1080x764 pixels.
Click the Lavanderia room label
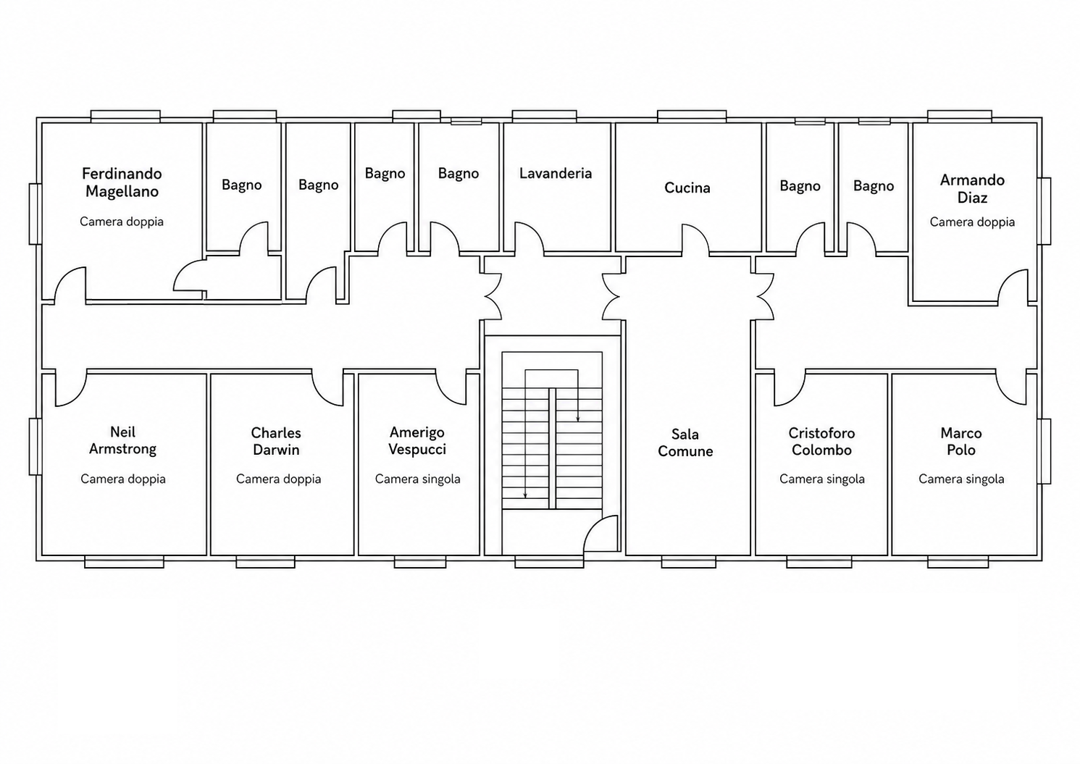coord(556,174)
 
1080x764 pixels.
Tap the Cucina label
coord(687,188)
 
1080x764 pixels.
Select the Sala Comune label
coord(685,443)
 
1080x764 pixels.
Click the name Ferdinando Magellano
coord(122,182)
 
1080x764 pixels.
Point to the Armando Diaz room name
coord(972,189)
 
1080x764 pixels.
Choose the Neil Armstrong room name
coord(123,440)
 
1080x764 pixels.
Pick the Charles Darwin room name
coord(276,442)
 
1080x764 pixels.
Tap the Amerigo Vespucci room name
coord(417,440)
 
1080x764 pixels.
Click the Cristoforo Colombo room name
coord(821,442)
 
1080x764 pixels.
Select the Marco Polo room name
coord(961,442)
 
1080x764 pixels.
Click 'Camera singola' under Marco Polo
coord(961,479)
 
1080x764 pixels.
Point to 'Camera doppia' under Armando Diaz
coord(972,222)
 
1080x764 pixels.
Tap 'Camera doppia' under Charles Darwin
coord(278,479)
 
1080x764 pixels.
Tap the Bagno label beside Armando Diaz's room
coord(873,186)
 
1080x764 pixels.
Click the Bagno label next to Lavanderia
coord(458,174)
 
